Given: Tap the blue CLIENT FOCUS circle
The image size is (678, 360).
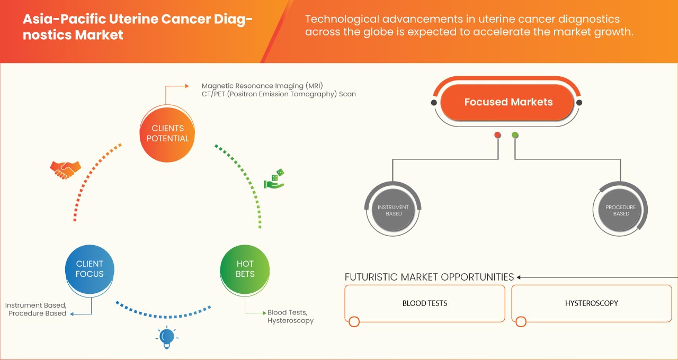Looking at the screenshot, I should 90,269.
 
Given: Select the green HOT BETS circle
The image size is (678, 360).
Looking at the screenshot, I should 245,269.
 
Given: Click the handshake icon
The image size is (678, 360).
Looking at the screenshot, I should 65,169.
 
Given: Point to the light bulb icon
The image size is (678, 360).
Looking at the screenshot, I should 166,337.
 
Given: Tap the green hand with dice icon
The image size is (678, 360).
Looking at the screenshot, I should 275,179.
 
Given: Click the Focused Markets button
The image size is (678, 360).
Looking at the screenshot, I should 508,102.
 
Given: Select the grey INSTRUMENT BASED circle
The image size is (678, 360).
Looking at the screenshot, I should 394,211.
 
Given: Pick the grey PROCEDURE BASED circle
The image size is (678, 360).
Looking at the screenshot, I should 621,211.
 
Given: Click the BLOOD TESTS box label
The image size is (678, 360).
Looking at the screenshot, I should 425,303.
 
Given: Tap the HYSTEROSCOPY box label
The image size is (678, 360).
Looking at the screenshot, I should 591,303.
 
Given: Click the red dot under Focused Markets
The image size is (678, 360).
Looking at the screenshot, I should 498,135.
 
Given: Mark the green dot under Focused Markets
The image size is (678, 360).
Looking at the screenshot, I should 515,135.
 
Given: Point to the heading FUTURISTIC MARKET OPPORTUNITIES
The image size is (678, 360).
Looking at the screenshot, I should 429,277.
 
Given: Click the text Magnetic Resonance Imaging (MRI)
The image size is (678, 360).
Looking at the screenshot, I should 262,86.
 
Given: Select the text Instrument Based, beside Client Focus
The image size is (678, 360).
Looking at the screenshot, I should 36,305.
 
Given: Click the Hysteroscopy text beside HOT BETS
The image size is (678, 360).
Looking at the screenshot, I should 290,320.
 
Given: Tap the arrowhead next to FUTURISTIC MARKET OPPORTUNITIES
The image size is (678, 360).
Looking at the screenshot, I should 519,277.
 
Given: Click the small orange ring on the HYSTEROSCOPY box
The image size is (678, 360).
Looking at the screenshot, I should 521,321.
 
